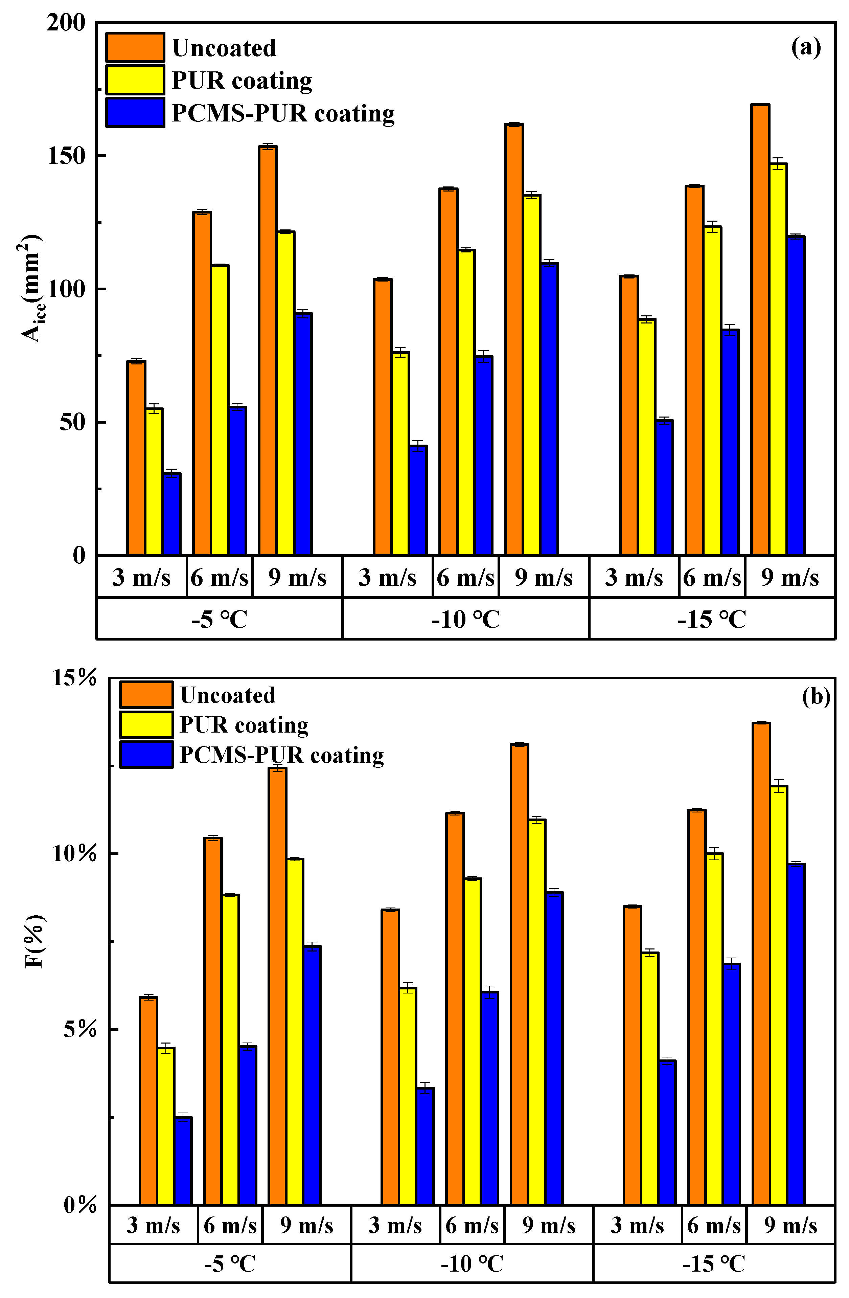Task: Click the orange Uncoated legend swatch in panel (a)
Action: (x=135, y=47)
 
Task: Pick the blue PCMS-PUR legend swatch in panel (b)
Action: (x=146, y=755)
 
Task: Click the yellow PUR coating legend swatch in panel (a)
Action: (x=135, y=80)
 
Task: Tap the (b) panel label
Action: (x=816, y=696)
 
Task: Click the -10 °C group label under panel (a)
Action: (x=465, y=619)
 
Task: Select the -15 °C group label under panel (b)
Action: (x=713, y=1263)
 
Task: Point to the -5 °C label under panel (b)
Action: (x=230, y=1263)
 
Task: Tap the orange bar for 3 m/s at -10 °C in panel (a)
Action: (x=383, y=417)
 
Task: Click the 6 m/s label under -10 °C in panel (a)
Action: (x=465, y=577)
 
